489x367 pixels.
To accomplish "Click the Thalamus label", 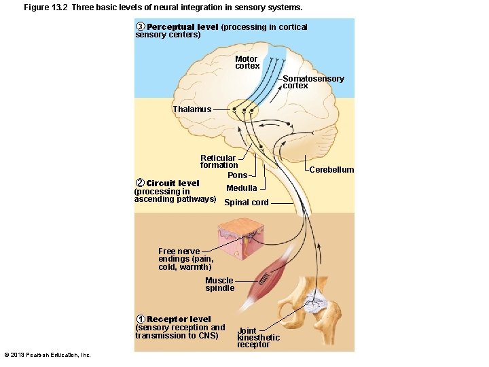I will pos(192,109).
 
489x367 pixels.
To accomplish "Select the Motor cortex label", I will pos(247,63).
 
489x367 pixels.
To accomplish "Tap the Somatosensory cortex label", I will pos(313,82).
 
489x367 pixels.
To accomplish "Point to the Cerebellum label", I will pos(331,170).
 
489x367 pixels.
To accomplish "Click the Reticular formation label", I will pos(219,162).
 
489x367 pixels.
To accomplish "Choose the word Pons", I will pos(237,175).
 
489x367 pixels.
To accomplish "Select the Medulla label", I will pos(241,188).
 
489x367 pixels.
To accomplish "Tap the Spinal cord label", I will pos(246,203).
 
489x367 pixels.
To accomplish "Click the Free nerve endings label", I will pos(185,259).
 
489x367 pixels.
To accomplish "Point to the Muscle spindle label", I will pos(219,284).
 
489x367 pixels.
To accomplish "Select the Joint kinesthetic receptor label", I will pos(257,338).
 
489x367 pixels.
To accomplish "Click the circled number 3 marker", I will pos(141,27).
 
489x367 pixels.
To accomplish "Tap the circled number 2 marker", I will pos(140,183).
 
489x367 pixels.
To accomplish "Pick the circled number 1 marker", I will pos(140,319).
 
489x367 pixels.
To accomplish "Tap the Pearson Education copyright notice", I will pos(48,355).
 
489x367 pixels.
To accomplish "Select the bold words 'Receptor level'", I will pos(179,319).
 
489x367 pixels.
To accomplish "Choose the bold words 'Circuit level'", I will pos(173,183).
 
